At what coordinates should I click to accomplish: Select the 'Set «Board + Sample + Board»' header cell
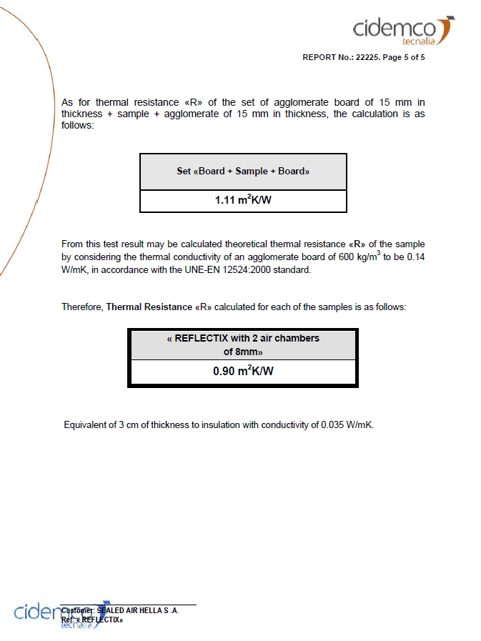(x=243, y=172)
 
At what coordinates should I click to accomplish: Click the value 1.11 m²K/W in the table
(x=243, y=200)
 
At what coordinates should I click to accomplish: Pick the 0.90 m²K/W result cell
(x=243, y=372)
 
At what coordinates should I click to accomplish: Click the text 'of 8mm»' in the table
(x=243, y=352)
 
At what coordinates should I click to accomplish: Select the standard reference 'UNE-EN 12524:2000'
(x=271, y=270)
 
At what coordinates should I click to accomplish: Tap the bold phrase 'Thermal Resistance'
(x=149, y=307)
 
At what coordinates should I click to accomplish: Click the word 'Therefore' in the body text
(x=82, y=307)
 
